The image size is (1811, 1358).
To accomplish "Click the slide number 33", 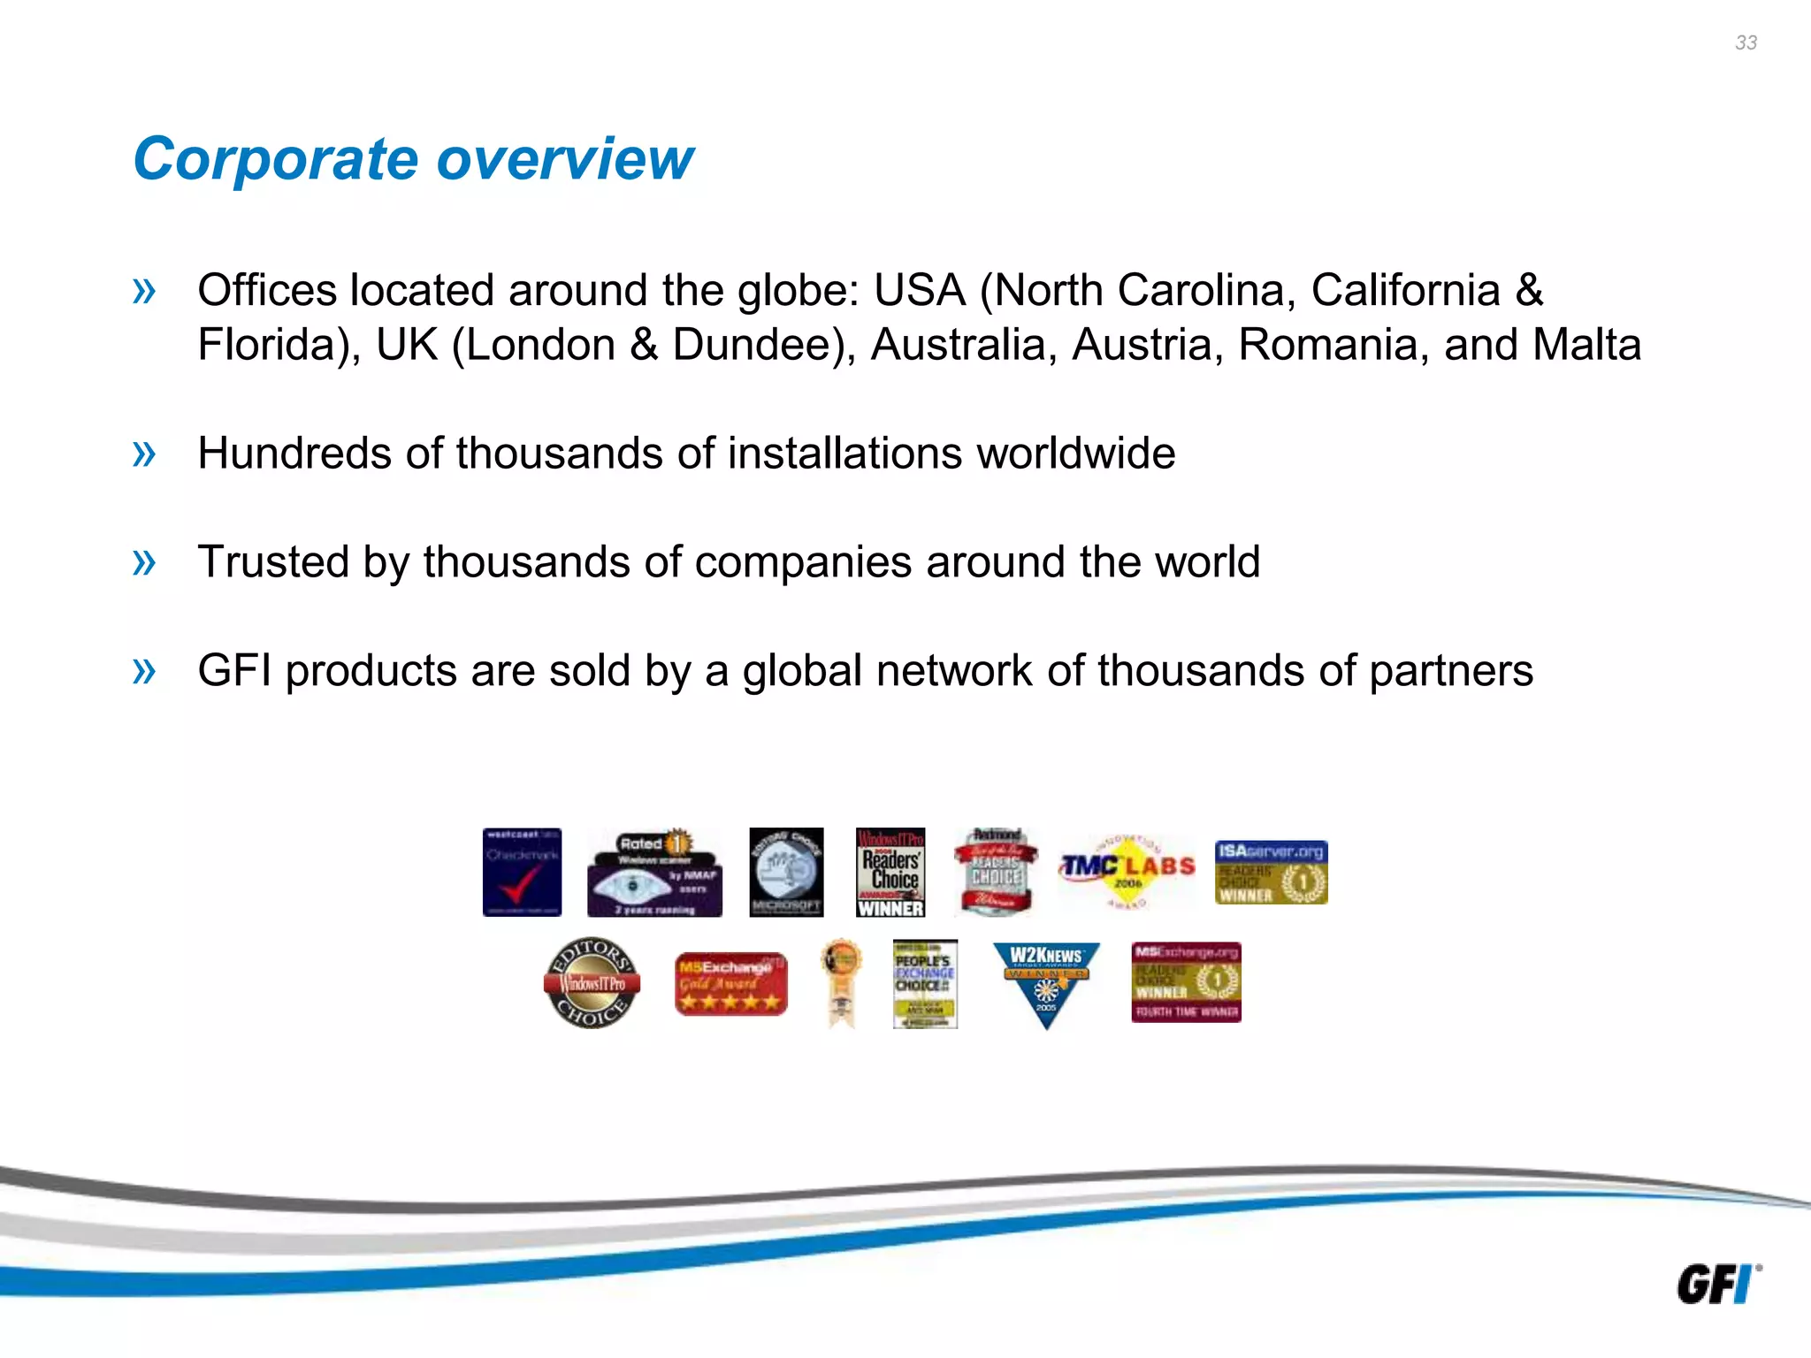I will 1746,42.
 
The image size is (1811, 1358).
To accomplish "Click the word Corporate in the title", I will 275,159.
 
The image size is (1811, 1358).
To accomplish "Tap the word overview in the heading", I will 565,159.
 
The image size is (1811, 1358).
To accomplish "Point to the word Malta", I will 1586,345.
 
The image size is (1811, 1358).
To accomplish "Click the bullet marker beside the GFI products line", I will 143,670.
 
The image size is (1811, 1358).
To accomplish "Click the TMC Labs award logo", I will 1127,870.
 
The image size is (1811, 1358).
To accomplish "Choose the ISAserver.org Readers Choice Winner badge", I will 1271,872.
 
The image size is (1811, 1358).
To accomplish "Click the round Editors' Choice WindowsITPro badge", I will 592,982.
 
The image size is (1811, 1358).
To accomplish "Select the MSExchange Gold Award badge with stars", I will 730,983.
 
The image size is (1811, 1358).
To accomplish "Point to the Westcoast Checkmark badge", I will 522,872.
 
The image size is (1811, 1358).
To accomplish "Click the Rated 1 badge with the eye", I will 654,873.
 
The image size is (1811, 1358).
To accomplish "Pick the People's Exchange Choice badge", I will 925,983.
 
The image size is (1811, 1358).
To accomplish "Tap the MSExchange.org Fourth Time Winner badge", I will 1186,982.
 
